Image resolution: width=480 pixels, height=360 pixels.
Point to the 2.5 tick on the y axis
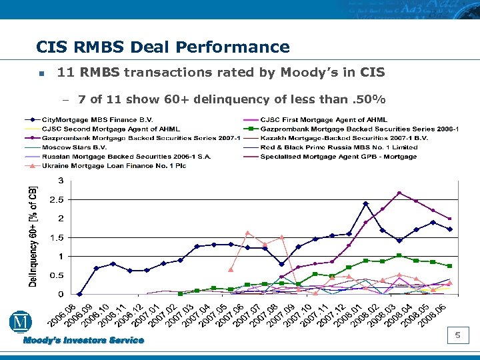tap(57, 200)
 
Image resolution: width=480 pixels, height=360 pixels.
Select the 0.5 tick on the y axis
tap(57, 275)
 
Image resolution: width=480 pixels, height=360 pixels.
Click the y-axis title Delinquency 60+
tap(33, 237)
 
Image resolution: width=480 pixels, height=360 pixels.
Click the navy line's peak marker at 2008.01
tap(365, 203)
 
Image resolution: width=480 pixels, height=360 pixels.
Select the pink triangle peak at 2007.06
tap(248, 233)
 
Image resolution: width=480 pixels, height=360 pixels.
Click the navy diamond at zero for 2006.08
tap(79, 294)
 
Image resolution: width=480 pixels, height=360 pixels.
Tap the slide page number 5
tap(458, 335)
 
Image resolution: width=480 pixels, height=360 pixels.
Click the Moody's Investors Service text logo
tap(84, 340)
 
